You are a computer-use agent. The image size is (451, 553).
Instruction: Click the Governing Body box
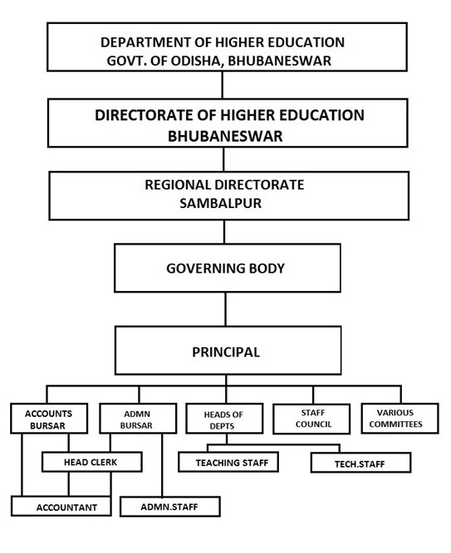click(228, 268)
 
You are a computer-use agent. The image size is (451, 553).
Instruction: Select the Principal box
click(228, 350)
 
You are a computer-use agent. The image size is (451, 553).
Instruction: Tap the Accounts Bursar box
click(49, 419)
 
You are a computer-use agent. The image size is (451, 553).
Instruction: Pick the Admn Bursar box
click(138, 419)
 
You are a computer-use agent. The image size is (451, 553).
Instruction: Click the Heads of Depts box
click(224, 419)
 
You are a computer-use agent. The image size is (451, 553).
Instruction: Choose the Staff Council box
click(311, 419)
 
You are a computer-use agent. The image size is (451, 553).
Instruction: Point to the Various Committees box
click(400, 419)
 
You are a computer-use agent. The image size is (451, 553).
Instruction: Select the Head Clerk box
click(92, 462)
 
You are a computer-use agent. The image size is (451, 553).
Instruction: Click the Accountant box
click(61, 506)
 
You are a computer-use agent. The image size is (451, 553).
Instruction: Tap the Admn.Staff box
click(170, 507)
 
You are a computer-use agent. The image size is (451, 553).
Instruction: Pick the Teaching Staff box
click(228, 462)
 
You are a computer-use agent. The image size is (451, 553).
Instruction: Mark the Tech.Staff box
click(360, 463)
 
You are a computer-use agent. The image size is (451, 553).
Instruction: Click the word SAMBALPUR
click(221, 203)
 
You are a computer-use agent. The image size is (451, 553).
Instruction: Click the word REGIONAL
click(178, 185)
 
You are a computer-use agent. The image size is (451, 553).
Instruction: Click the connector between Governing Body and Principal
click(226, 309)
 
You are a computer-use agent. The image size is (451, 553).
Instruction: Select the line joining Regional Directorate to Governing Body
click(224, 231)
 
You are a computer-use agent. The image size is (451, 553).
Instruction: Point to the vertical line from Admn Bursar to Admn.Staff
click(162, 465)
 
